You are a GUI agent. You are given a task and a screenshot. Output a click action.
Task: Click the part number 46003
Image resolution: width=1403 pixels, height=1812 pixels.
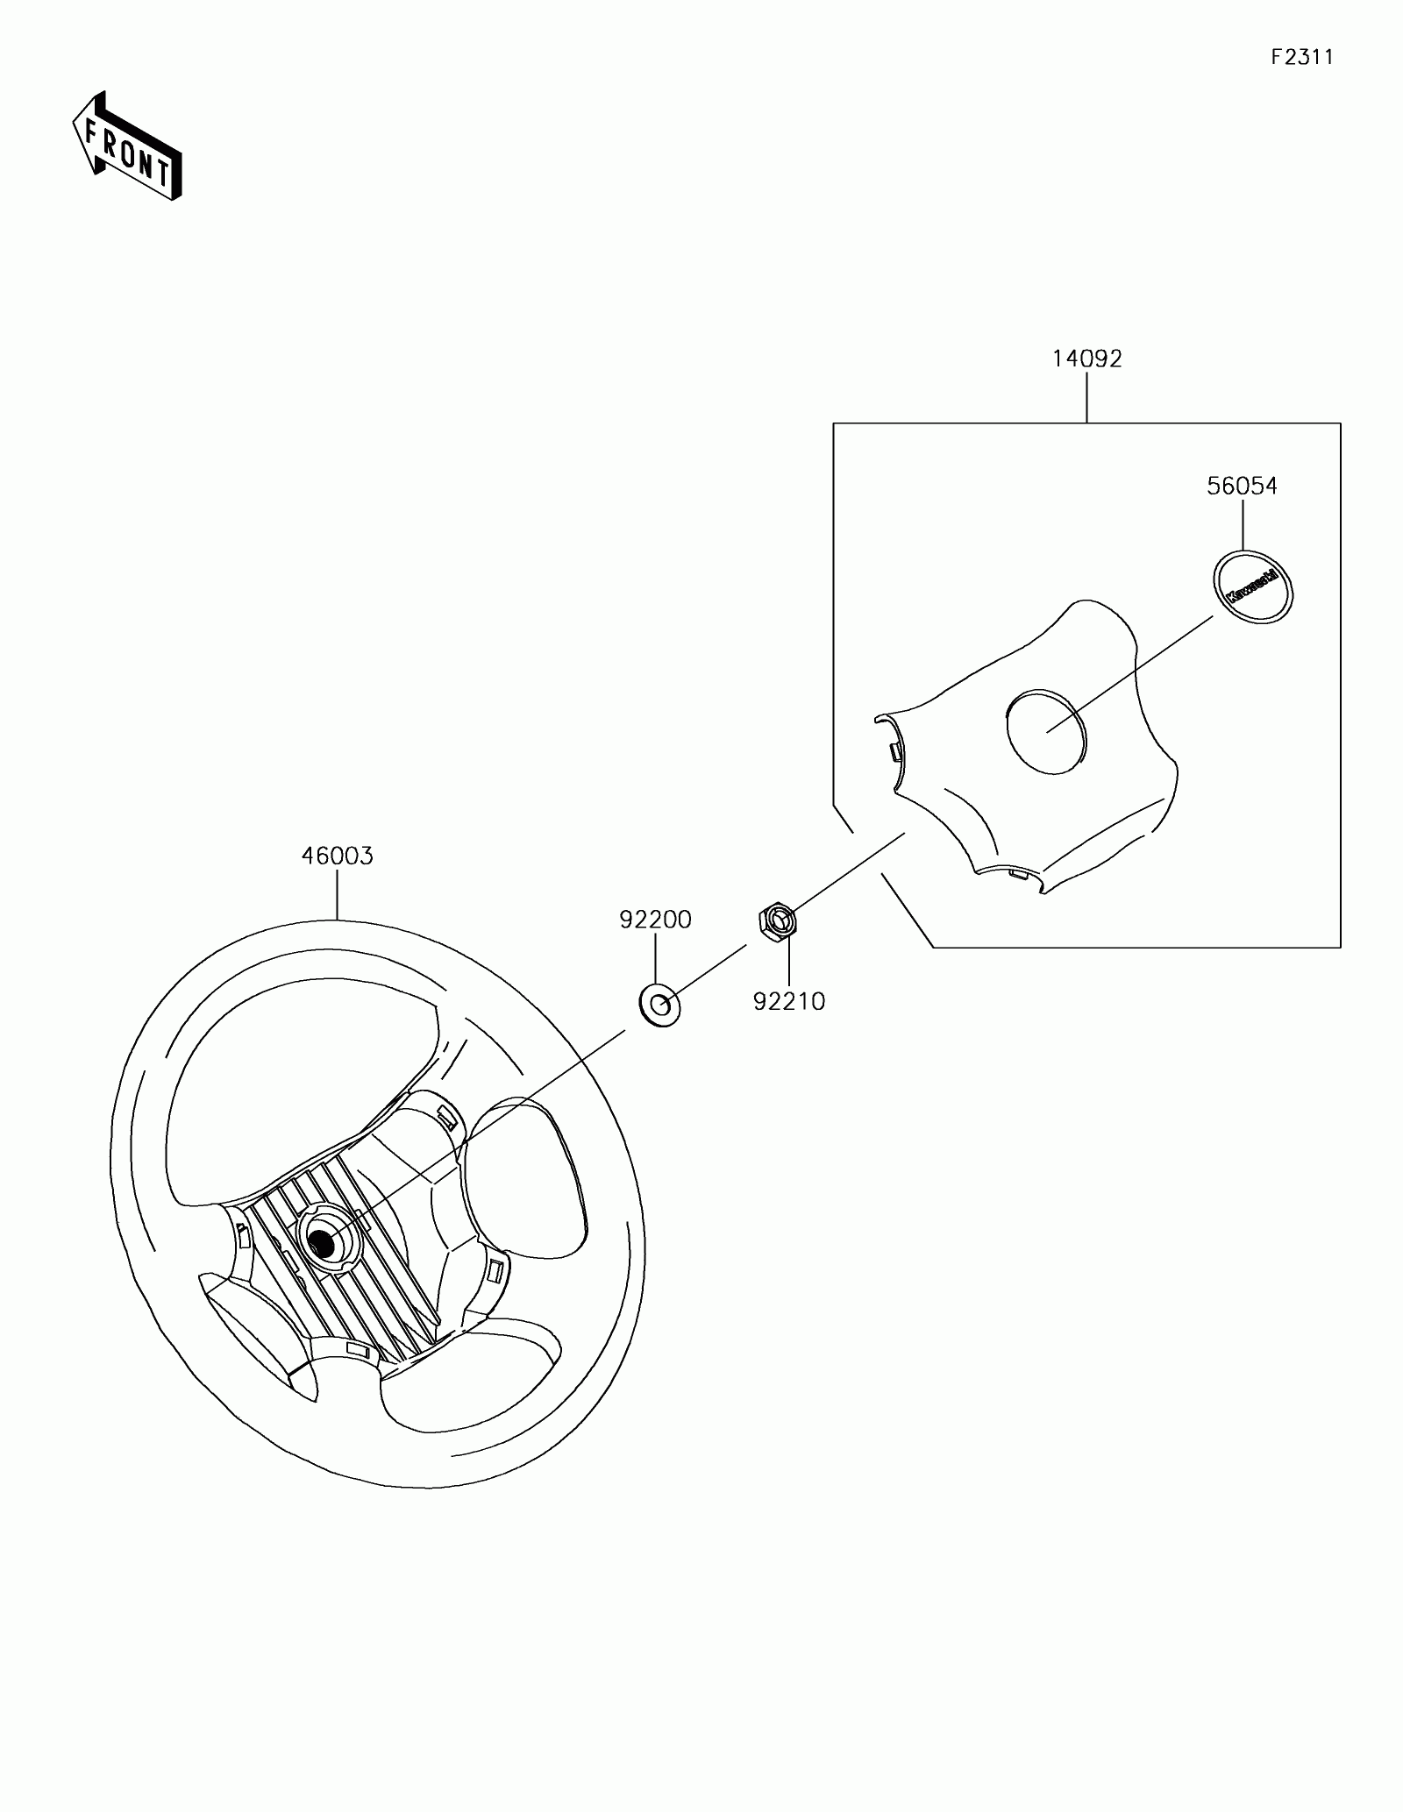tap(337, 856)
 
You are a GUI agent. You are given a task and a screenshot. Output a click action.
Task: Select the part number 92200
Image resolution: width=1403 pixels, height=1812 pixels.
tap(655, 920)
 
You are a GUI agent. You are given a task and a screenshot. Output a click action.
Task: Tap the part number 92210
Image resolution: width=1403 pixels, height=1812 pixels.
tap(789, 1001)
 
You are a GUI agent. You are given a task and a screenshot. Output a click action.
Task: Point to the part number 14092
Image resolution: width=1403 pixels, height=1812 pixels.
tap(1087, 359)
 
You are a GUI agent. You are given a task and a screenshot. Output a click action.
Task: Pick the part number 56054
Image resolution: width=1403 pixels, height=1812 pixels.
tap(1242, 486)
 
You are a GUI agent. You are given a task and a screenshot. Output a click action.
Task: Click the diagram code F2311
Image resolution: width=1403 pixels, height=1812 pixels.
tap(1302, 58)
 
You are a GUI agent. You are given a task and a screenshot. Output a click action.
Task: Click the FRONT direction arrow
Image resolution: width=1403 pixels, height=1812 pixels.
tap(127, 147)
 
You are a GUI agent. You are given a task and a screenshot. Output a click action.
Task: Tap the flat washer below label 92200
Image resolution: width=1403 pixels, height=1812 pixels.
tap(660, 1005)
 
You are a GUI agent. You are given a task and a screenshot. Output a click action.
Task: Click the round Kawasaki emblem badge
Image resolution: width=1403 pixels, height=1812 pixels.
tap(1253, 586)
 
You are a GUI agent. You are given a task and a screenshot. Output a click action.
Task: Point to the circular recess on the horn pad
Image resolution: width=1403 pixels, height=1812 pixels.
tap(1046, 731)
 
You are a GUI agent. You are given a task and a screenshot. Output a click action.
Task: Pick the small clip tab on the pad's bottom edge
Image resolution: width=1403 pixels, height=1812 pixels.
tap(1018, 873)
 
